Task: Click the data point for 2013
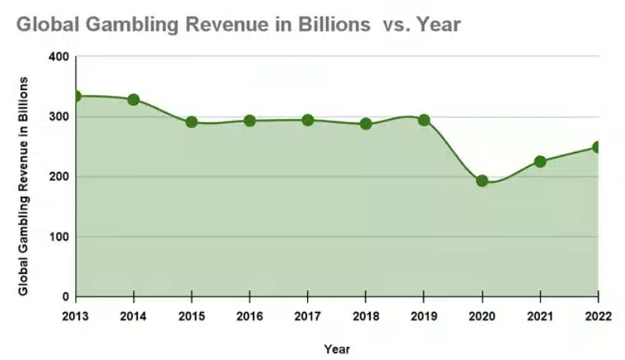click(x=77, y=96)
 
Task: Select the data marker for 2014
click(x=134, y=100)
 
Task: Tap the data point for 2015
click(x=192, y=122)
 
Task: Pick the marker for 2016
click(x=249, y=121)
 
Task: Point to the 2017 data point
click(x=308, y=120)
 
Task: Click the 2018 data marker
click(x=366, y=124)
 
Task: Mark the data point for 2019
click(x=424, y=120)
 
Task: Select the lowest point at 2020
click(x=482, y=181)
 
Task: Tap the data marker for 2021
click(x=540, y=162)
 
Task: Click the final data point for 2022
click(x=597, y=147)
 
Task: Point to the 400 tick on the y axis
click(x=59, y=57)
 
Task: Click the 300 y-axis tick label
click(x=59, y=117)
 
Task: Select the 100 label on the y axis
click(x=59, y=237)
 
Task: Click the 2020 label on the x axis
click(x=482, y=316)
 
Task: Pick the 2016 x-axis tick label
click(x=249, y=316)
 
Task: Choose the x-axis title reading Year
click(x=337, y=348)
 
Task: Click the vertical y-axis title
click(x=24, y=186)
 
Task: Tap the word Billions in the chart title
click(x=329, y=26)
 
